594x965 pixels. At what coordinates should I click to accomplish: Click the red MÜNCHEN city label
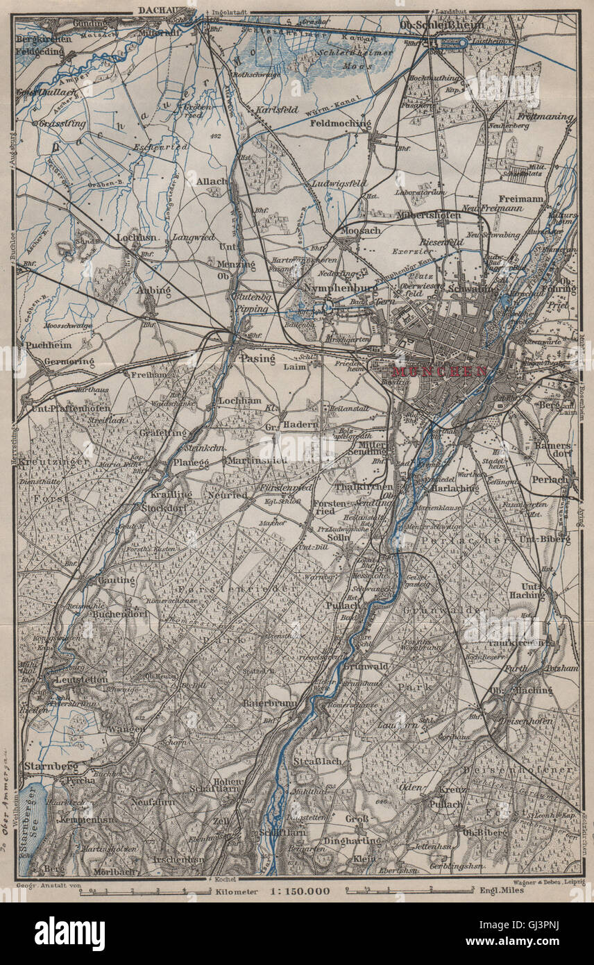[439, 371]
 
